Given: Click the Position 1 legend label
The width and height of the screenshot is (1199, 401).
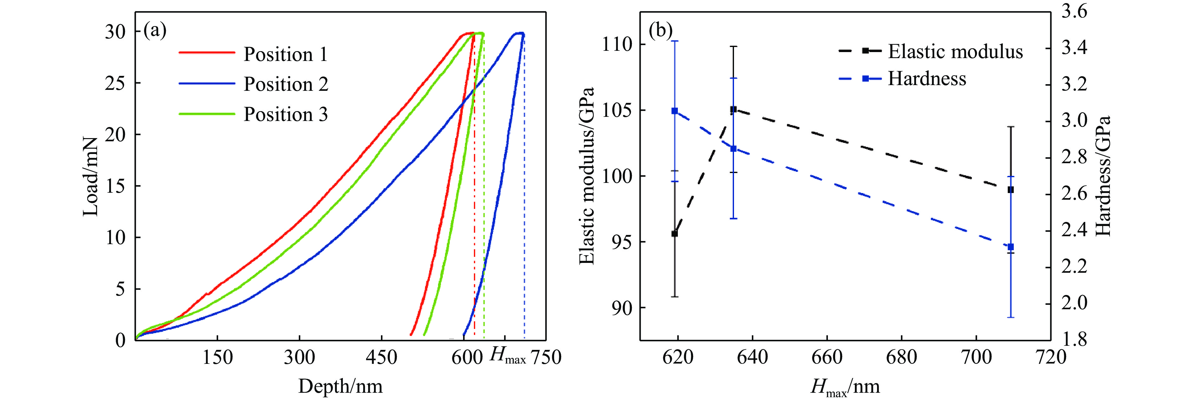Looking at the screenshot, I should pyautogui.click(x=285, y=55).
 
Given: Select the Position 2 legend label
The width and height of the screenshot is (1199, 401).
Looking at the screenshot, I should pyautogui.click(x=286, y=84).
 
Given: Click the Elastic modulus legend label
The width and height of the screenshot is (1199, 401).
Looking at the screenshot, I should pyautogui.click(x=955, y=51).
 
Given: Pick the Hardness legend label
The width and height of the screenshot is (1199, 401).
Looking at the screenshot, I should pyautogui.click(x=927, y=78).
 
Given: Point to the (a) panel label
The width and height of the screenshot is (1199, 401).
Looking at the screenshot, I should pyautogui.click(x=155, y=31).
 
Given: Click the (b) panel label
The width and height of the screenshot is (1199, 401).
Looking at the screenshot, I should pyautogui.click(x=660, y=31).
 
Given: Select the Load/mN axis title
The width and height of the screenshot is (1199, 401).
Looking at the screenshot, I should pyautogui.click(x=91, y=177).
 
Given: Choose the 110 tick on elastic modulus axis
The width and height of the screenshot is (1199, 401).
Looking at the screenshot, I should pyautogui.click(x=617, y=45).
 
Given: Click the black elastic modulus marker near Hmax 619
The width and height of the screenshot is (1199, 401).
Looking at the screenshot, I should pyautogui.click(x=674, y=233).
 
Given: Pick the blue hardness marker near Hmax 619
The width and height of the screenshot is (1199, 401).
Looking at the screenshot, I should pyautogui.click(x=674, y=111).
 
